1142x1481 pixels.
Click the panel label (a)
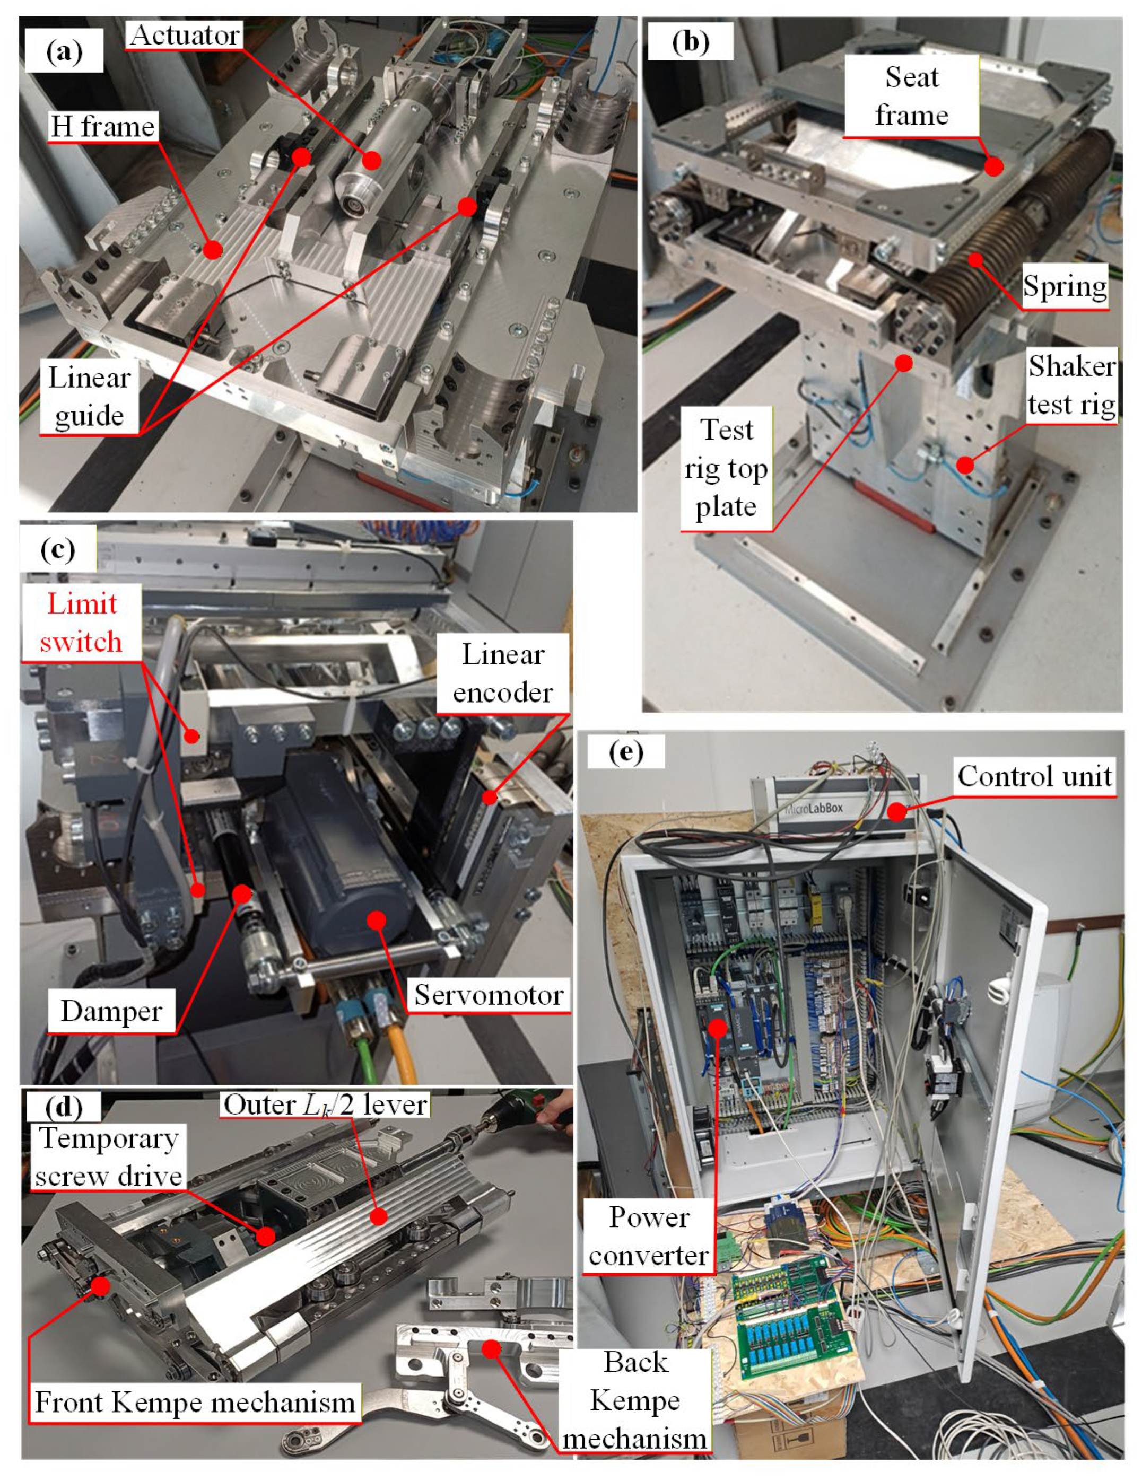pyautogui.click(x=64, y=52)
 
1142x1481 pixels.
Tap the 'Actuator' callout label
pyautogui.click(x=185, y=35)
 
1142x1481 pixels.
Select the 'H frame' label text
pyautogui.click(x=103, y=127)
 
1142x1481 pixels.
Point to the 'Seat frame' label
pyautogui.click(x=911, y=97)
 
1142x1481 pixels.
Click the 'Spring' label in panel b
pyautogui.click(x=1064, y=286)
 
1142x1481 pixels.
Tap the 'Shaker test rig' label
pyautogui.click(x=1071, y=385)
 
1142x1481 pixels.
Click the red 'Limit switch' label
pyautogui.click(x=81, y=623)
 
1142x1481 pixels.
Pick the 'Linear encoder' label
pyautogui.click(x=502, y=673)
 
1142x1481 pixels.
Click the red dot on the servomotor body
pyautogui.click(x=377, y=920)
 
